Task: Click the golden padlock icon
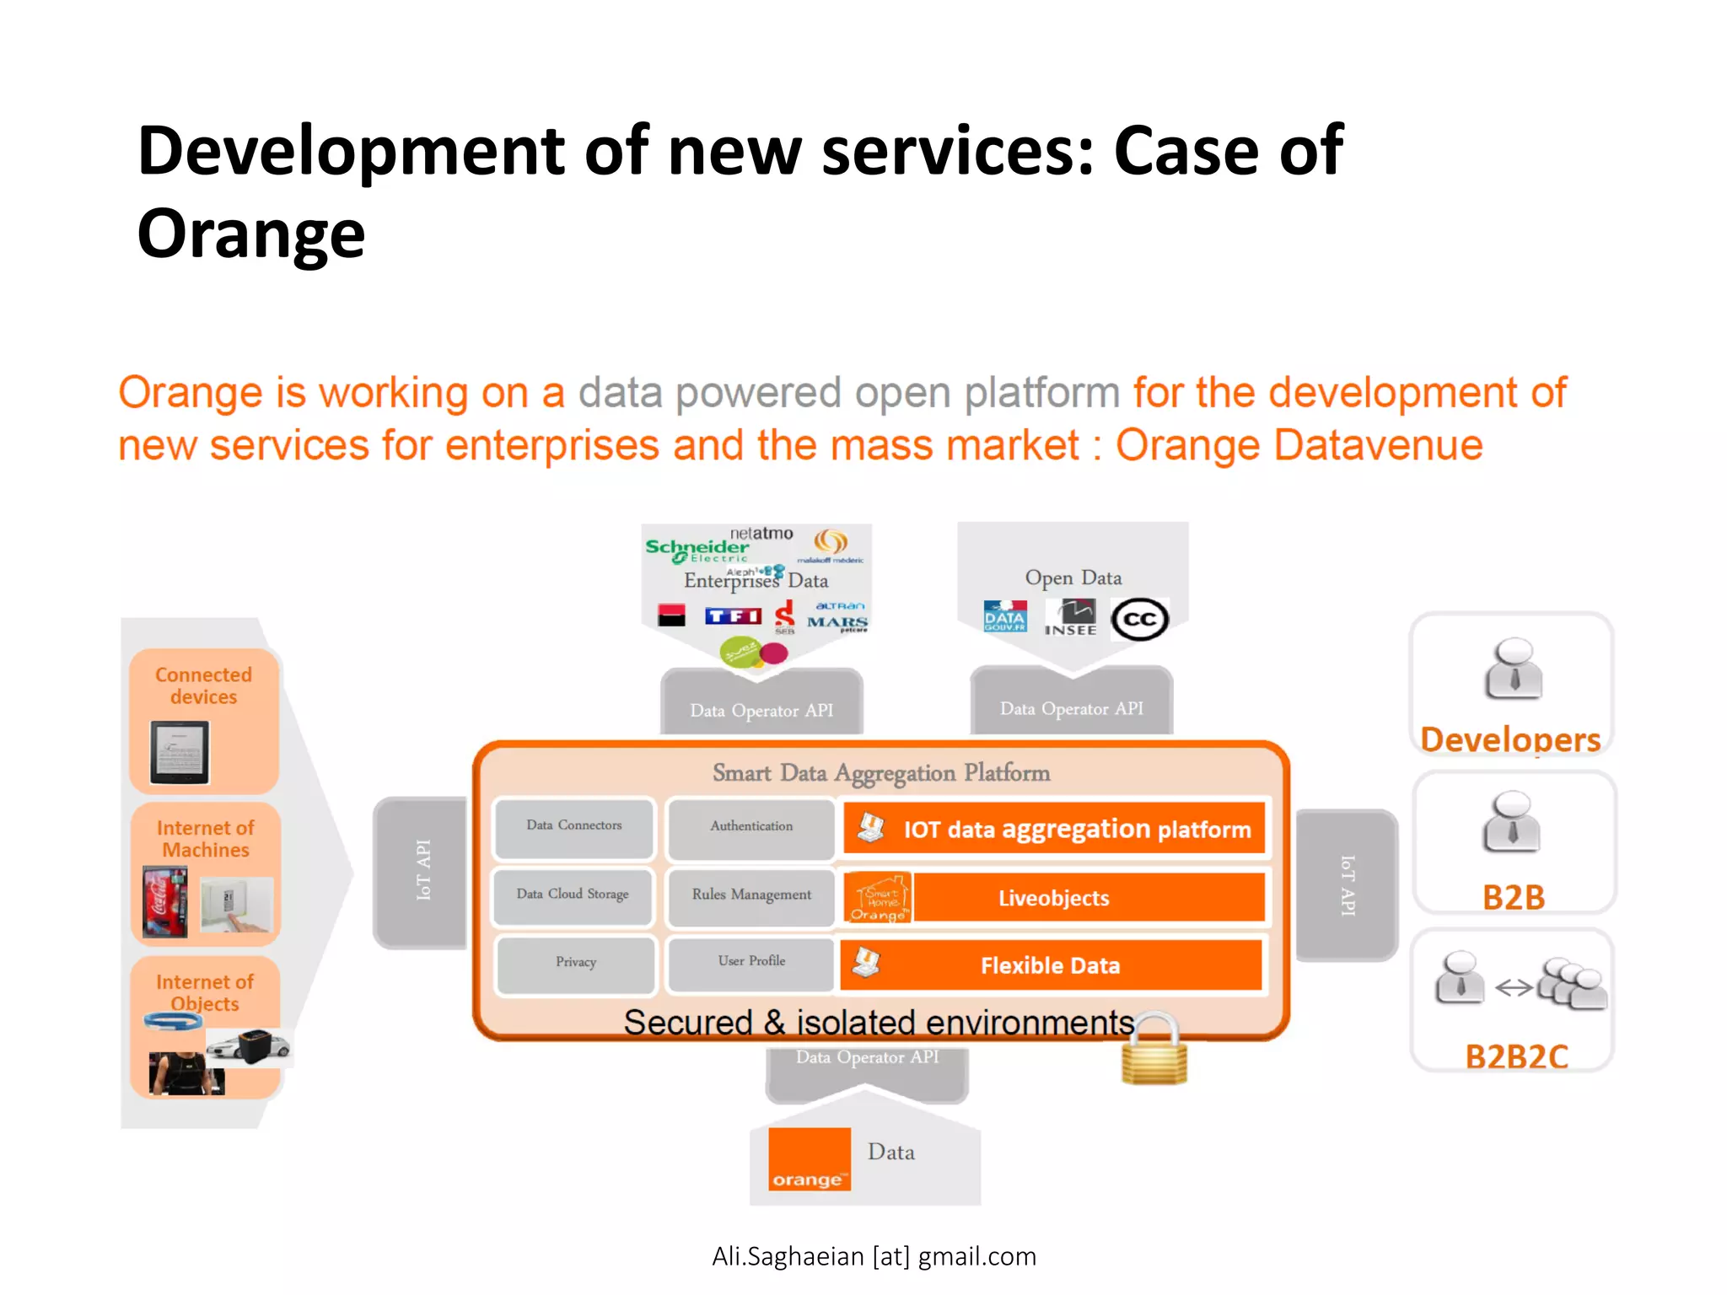click(1154, 1051)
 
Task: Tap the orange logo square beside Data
click(809, 1158)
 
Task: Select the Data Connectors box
click(574, 826)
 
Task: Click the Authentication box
click(751, 827)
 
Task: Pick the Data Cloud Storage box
click(573, 895)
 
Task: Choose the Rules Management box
click(751, 895)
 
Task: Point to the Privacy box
click(576, 963)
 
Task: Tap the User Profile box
click(751, 962)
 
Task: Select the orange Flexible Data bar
click(1051, 965)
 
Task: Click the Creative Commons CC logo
click(1139, 620)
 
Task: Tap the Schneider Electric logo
click(697, 550)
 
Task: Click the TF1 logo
click(733, 616)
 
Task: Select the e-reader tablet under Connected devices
click(180, 752)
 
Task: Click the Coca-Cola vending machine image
click(164, 903)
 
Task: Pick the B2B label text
click(1514, 897)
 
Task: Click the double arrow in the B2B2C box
click(1514, 987)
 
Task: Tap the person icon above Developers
click(1514, 669)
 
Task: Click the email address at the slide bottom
click(874, 1256)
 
